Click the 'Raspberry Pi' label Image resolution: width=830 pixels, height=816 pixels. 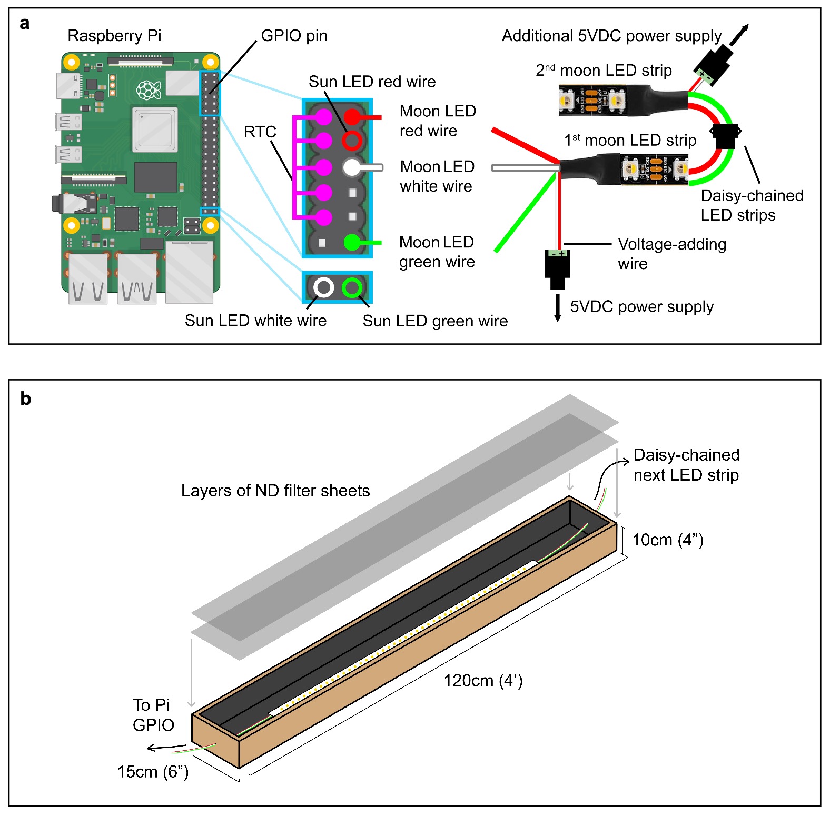pyautogui.click(x=114, y=36)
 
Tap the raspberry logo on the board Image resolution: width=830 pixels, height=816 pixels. pyautogui.click(x=149, y=90)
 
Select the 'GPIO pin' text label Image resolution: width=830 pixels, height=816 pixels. pyautogui.click(x=294, y=36)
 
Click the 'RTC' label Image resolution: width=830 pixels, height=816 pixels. pyautogui.click(x=260, y=132)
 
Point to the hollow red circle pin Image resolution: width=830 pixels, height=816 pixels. pyautogui.click(x=352, y=141)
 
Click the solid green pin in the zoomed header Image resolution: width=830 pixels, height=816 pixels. pyautogui.click(x=352, y=243)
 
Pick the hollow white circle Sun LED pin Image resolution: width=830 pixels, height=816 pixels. pyautogui.click(x=323, y=287)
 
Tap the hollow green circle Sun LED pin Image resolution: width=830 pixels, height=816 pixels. pyautogui.click(x=352, y=287)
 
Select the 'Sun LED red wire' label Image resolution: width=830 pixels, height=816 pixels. pyautogui.click(x=372, y=82)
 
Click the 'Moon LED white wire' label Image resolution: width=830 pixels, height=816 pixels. pyautogui.click(x=437, y=176)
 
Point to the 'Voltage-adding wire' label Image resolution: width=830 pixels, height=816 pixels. pyautogui.click(x=671, y=254)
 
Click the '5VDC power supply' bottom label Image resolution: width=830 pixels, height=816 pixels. pyautogui.click(x=641, y=307)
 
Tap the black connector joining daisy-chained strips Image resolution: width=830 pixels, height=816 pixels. pyautogui.click(x=725, y=136)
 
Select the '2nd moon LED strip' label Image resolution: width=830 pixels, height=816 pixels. pyautogui.click(x=604, y=71)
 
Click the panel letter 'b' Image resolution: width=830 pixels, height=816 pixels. pyautogui.click(x=25, y=399)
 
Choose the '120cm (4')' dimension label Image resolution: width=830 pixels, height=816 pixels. pyautogui.click(x=483, y=681)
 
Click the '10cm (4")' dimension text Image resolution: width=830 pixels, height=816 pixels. pyautogui.click(x=667, y=540)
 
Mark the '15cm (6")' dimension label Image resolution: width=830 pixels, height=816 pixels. pyautogui.click(x=153, y=772)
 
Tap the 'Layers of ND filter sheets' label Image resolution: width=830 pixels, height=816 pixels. pyautogui.click(x=275, y=491)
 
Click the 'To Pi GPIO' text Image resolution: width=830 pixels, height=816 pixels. pyautogui.click(x=153, y=715)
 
